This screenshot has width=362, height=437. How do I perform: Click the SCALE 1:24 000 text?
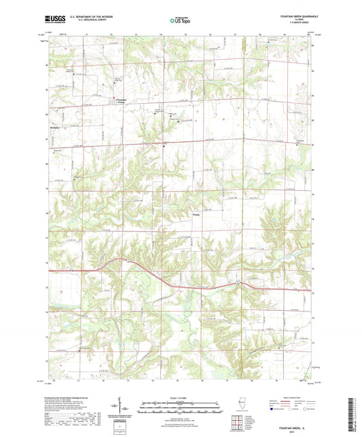[x=180, y=398]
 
